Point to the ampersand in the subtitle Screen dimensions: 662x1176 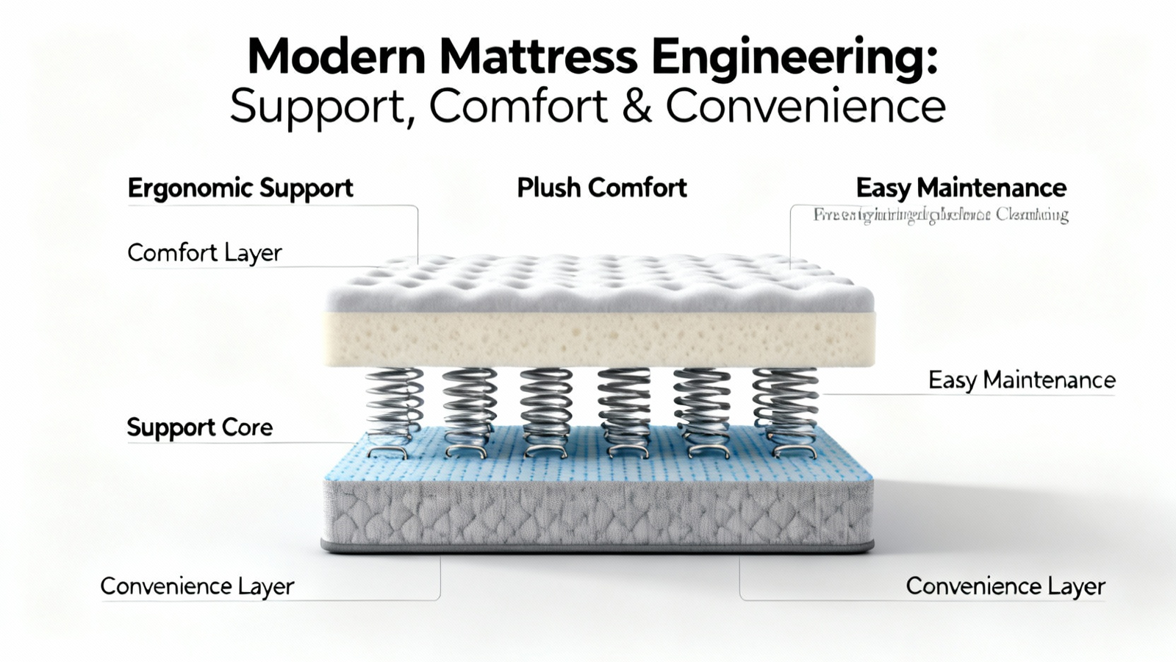(x=637, y=107)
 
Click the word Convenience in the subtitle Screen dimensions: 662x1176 (x=806, y=107)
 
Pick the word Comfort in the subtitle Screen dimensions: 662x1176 (x=518, y=107)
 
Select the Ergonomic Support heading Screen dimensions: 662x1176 (x=240, y=188)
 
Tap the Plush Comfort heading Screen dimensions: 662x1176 (x=601, y=188)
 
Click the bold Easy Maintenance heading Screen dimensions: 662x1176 (x=961, y=188)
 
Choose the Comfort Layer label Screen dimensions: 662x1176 (x=204, y=253)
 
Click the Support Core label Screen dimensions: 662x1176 (x=199, y=427)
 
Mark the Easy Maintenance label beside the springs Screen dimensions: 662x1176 (x=1021, y=380)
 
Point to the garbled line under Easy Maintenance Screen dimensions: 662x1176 (x=940, y=216)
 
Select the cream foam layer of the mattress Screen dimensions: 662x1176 (x=599, y=339)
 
